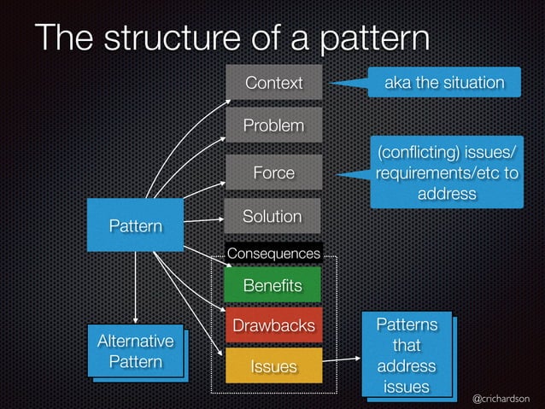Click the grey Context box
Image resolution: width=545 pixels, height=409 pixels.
click(x=273, y=83)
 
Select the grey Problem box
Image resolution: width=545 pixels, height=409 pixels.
click(x=273, y=126)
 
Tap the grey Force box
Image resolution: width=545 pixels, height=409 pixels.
click(x=273, y=172)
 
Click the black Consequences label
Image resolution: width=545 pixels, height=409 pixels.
click(x=273, y=254)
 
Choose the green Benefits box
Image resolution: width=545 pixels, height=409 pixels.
click(x=272, y=285)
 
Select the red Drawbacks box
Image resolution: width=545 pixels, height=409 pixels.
click(x=272, y=325)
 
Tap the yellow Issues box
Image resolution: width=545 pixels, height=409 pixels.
click(x=273, y=366)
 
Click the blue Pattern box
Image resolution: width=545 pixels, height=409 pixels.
click(x=135, y=225)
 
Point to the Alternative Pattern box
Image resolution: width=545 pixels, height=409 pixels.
click(x=136, y=351)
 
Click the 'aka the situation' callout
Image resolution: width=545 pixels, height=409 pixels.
click(x=442, y=82)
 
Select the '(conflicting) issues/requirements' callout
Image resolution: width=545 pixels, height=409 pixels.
click(x=446, y=172)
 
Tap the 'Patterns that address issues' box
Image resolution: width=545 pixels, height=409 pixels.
click(x=407, y=356)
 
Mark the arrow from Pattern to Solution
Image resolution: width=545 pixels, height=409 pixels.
click(x=203, y=220)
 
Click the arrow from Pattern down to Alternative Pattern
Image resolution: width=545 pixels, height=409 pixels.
click(x=135, y=285)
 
